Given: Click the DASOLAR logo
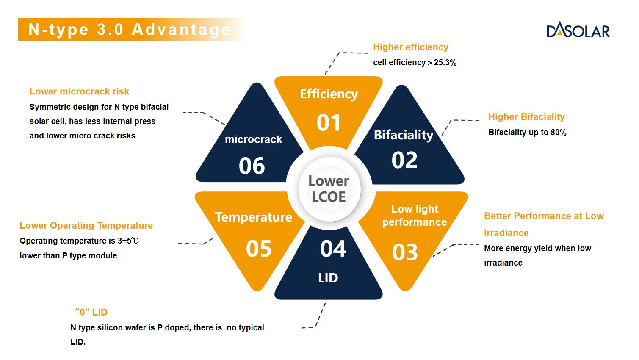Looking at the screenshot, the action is pos(578,30).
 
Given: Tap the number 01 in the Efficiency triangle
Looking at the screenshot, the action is pos(329,123).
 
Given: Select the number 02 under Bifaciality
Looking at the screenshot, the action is pos(404,160).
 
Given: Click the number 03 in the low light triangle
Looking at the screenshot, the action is pos(405,252).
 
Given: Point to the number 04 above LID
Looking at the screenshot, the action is pos(333,249).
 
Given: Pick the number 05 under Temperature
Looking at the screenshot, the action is pos(258,249).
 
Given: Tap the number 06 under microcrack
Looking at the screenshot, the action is pos(252,166).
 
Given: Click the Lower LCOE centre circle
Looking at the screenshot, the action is pos(329,189).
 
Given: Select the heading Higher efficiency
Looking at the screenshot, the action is pos(411,47).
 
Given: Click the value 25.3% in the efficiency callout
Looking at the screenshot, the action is pos(445,63).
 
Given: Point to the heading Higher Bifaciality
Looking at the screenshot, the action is pos(526,116).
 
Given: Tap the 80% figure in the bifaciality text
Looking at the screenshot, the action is pos(558,133).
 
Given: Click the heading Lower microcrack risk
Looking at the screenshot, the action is pos(79,91).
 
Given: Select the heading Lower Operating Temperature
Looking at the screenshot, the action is pos(86,226).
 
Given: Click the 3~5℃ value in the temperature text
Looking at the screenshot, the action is pos(128,241).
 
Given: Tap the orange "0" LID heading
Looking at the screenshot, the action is pos(91,312).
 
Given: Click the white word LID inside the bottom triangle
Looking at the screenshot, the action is pos(328,278).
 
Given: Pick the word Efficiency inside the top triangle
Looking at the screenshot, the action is pos(329,94).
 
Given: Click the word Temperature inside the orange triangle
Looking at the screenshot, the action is pos(254,217).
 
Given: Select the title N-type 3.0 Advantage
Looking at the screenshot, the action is pos(130,29).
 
